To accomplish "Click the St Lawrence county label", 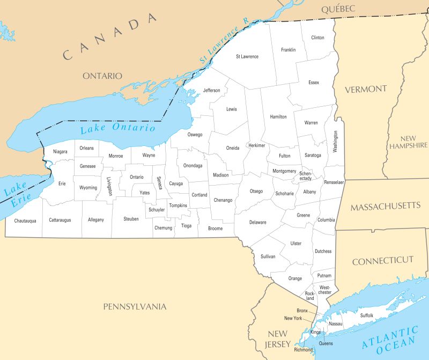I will coord(247,56).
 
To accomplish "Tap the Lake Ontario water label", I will coord(117,128).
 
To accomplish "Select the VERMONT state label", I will coord(366,89).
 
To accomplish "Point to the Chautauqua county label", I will coord(25,221).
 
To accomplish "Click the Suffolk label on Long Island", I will coord(367,315).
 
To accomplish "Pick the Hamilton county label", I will coord(278,116).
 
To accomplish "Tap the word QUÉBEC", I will coord(338,9).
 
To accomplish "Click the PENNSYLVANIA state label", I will coord(135,307).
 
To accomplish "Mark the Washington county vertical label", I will coord(335,142).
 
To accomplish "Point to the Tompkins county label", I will coord(178,205).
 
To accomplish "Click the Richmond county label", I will coord(304,350).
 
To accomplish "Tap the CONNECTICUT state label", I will coord(383,260).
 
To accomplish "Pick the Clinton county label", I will coord(317,38).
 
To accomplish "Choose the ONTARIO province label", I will coord(102,76).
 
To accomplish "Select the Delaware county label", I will coord(257,222).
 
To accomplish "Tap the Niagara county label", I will coord(60,152).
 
